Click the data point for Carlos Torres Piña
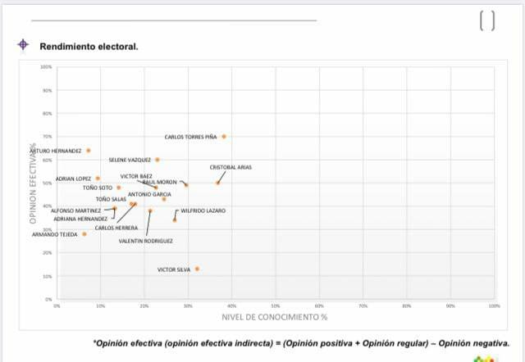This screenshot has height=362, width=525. pos(223,137)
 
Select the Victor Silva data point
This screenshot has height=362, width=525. pos(197,269)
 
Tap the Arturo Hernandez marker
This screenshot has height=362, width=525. pos(89,151)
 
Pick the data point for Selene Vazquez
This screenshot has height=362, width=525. pos(157,160)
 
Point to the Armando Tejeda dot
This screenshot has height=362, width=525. pos(84,234)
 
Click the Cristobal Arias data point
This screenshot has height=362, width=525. pos(217,183)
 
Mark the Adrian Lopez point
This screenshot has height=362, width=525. pos(98,179)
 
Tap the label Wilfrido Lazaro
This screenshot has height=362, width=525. pos(203,210)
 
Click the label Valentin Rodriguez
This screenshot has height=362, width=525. pos(146,242)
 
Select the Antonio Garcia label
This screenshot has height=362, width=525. pos(149,194)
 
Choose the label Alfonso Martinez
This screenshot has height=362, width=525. pos(76,210)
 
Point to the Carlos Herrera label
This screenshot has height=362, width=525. pos(116,228)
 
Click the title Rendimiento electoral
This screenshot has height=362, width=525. pos(89,46)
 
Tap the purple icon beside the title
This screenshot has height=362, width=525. pos(24,45)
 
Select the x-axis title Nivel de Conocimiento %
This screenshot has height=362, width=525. pos(274,316)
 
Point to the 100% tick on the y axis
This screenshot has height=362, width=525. pos(46,66)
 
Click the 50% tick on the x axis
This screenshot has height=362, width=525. pos(276,305)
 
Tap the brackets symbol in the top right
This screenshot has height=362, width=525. pos(486,20)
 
